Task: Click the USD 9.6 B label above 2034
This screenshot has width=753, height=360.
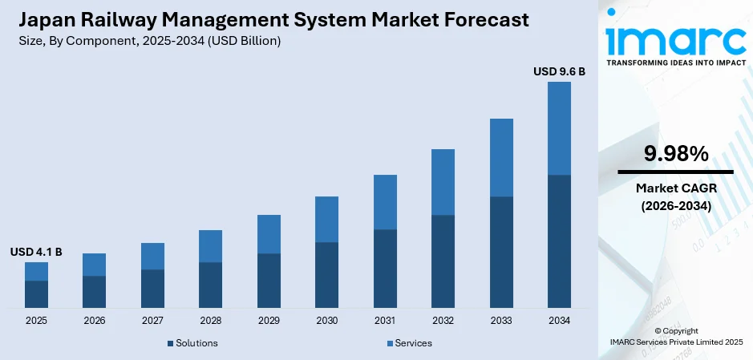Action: click(x=559, y=71)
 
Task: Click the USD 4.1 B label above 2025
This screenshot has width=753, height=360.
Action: click(x=36, y=252)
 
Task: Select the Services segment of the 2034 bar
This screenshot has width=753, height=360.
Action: click(x=559, y=128)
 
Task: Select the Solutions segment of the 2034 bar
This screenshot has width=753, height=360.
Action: click(x=559, y=241)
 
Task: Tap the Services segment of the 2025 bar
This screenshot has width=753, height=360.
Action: click(x=36, y=271)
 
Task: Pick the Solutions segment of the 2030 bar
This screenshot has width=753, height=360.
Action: click(x=326, y=274)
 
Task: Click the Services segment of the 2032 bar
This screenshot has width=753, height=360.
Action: click(x=443, y=182)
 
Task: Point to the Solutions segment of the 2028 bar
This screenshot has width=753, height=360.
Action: click(x=210, y=285)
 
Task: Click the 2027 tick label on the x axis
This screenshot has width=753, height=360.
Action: click(x=152, y=321)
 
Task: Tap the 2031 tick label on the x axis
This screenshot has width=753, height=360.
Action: click(x=385, y=321)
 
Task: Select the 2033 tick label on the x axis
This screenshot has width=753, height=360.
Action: click(x=501, y=321)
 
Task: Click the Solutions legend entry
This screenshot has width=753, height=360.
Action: click(x=192, y=343)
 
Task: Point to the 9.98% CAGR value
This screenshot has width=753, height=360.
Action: click(x=675, y=153)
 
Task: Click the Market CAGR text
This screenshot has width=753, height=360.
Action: click(x=675, y=188)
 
